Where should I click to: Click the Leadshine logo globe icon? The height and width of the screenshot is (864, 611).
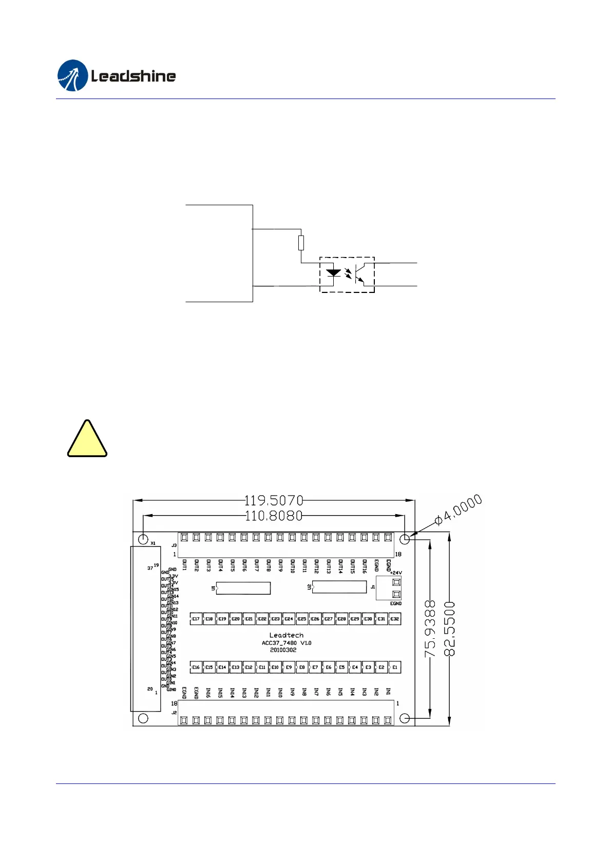[x=72, y=76]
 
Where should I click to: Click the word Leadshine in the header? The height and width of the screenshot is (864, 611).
[x=133, y=76]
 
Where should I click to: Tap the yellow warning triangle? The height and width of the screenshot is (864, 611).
[x=87, y=440]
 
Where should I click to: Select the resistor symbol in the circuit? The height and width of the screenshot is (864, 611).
[x=301, y=242]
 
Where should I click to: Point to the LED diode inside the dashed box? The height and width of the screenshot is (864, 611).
[x=334, y=272]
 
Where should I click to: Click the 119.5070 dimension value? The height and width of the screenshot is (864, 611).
[x=274, y=500]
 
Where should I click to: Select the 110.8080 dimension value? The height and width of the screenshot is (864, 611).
[x=274, y=516]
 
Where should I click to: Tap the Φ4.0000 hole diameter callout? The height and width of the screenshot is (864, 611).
[x=459, y=509]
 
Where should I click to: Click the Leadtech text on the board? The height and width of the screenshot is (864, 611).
[x=286, y=635]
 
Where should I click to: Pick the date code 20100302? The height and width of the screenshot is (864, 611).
[x=283, y=650]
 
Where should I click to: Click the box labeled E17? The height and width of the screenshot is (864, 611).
[x=196, y=619]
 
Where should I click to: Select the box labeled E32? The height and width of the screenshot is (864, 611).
[x=394, y=619]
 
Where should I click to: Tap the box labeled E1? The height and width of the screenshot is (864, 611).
[x=394, y=667]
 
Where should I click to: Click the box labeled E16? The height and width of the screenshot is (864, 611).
[x=196, y=667]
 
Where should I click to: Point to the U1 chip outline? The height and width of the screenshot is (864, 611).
[x=243, y=588]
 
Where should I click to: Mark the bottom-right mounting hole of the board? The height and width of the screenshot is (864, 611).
[x=405, y=718]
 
